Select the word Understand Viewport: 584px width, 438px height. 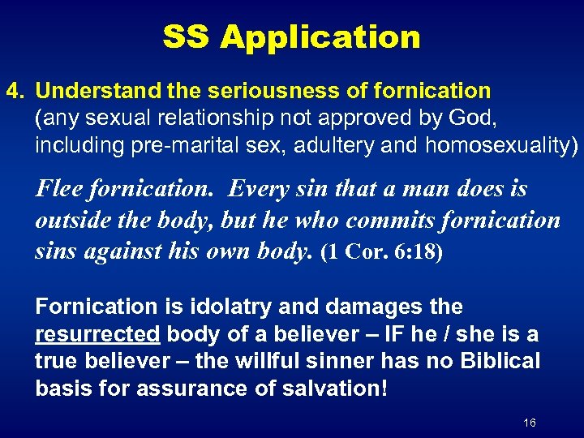[x=92, y=91]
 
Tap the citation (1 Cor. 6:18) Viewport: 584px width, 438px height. [x=382, y=251]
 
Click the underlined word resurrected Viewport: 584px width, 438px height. [x=97, y=334]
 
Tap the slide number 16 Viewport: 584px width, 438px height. [x=530, y=423]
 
